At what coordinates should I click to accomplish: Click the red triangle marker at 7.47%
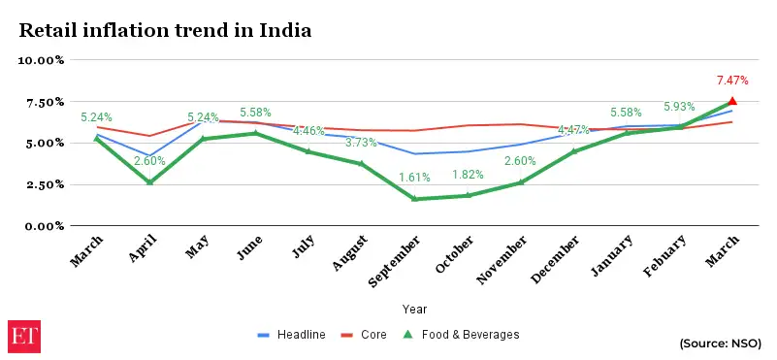[x=732, y=101]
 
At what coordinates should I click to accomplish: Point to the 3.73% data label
[x=361, y=143]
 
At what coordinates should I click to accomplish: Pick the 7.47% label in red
[x=732, y=80]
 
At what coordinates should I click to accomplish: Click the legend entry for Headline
[x=291, y=335]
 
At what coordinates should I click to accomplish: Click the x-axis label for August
[x=347, y=258]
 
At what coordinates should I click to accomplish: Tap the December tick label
[x=558, y=260]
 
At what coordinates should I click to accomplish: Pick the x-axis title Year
[x=414, y=309]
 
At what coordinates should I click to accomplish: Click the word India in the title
[x=284, y=30]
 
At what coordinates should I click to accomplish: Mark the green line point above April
[x=149, y=181]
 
